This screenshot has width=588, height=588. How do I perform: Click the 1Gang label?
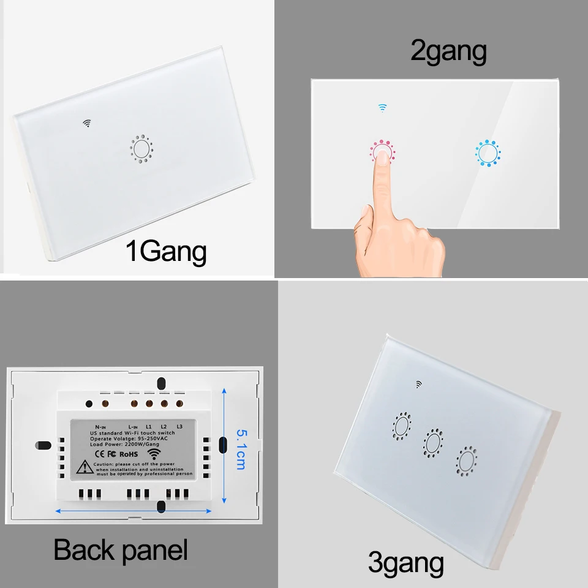point(165,252)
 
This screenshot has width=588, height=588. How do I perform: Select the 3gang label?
point(405,562)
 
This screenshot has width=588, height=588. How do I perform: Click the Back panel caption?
point(121,549)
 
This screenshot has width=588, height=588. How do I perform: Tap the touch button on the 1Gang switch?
point(140,148)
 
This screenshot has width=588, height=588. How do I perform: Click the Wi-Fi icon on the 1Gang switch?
point(88,123)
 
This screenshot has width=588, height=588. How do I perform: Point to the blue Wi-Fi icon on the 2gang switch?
point(382,108)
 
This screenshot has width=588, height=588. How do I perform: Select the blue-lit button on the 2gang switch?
point(488,153)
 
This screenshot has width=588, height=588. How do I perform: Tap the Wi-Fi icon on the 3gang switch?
point(419,385)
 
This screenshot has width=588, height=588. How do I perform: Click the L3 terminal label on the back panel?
point(179,425)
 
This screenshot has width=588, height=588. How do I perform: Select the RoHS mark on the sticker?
point(127,454)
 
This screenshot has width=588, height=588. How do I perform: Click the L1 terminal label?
point(148,425)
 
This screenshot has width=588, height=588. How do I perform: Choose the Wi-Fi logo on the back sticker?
point(153,454)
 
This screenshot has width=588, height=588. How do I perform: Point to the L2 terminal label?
point(164,425)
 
